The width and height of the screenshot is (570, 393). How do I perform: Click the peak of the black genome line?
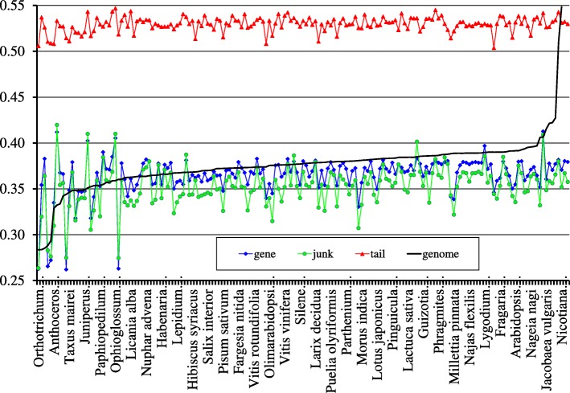click(x=560, y=7)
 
